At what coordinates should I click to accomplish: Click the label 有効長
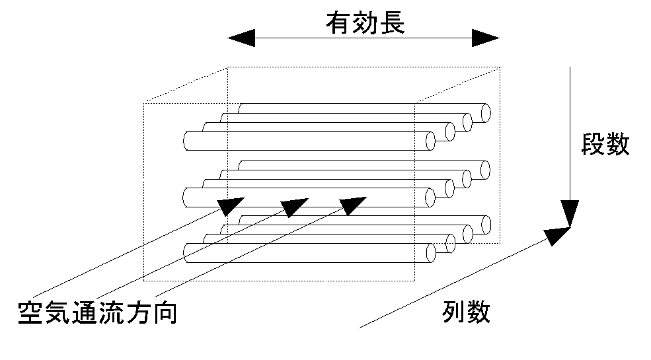point(364,24)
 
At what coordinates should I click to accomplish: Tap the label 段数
point(605,145)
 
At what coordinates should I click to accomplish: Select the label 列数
point(467,311)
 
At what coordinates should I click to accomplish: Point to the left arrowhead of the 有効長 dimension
point(241,38)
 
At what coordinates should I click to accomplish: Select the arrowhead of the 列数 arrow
point(558,234)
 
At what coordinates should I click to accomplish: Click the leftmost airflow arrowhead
point(231,205)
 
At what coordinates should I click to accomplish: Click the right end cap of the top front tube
point(430,141)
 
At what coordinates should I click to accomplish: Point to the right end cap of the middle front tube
point(430,197)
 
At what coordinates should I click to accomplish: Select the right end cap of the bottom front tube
point(430,252)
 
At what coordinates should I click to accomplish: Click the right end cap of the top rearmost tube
point(486,113)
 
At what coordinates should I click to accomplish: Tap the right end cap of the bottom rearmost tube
point(486,225)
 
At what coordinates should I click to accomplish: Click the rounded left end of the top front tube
point(186,141)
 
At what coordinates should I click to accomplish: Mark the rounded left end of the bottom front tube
point(186,252)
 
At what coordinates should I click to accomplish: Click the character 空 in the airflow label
point(30,312)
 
